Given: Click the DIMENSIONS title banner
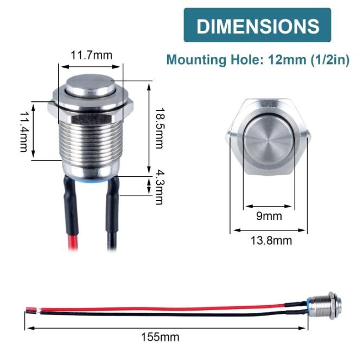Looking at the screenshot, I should pyautogui.click(x=257, y=25).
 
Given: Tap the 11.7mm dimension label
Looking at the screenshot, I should pyautogui.click(x=91, y=55).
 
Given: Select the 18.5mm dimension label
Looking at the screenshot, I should pyautogui.click(x=158, y=128).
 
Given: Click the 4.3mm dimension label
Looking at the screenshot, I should pyautogui.click(x=159, y=187).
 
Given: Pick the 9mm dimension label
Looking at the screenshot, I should pyautogui.click(x=269, y=216).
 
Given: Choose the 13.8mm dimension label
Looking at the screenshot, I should pyautogui.click(x=270, y=241).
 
